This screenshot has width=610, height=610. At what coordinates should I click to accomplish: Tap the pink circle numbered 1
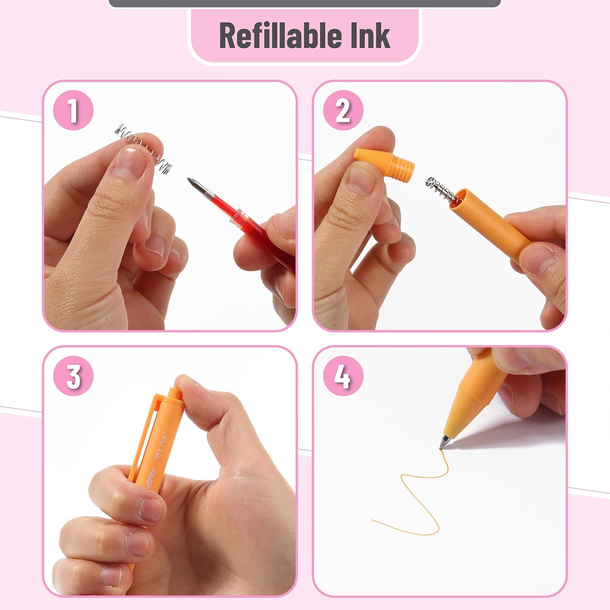point(73,110)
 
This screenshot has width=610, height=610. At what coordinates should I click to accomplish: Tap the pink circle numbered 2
point(343,110)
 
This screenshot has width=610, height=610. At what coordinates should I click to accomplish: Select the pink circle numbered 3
point(73,376)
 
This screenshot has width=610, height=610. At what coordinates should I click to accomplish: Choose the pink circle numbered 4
point(343,376)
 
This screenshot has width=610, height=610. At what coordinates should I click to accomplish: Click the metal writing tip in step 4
point(445,442)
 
